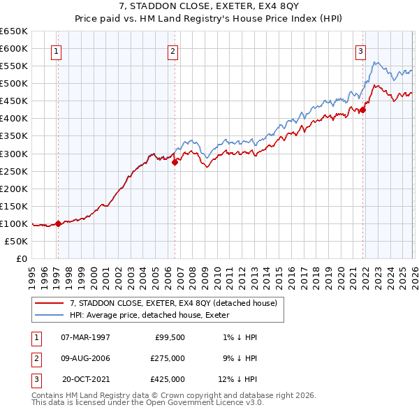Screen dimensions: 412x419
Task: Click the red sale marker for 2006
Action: click(x=175, y=162)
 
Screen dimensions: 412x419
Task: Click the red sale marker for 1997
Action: click(x=58, y=223)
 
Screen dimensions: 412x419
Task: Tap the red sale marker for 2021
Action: click(x=363, y=110)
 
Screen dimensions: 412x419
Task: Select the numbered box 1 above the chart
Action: click(x=55, y=50)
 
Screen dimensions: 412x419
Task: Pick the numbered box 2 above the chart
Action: click(x=172, y=50)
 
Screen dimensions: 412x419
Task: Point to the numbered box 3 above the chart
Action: click(x=360, y=50)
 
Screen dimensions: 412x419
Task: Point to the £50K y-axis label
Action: click(x=17, y=241)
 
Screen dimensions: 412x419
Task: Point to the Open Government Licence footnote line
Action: click(x=147, y=403)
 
